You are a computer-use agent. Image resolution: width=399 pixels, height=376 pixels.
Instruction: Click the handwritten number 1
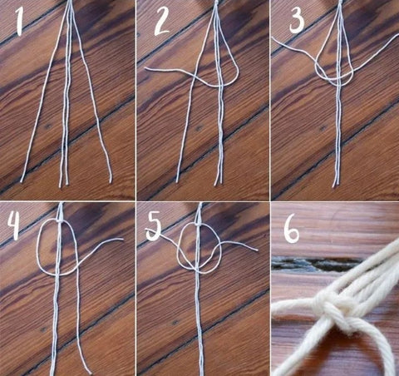tap(18, 22)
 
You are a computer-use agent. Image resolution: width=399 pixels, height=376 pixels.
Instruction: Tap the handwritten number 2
tap(161, 22)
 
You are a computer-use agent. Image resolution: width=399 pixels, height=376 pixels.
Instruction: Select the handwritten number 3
tap(297, 21)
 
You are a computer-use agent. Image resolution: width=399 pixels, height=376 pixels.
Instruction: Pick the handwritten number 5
tap(154, 228)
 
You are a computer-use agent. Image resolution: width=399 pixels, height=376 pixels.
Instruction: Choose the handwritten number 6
tap(292, 231)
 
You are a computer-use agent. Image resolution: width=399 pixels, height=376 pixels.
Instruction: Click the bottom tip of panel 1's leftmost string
tap(22, 181)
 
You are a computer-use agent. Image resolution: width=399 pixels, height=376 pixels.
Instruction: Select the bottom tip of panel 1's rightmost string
tap(111, 181)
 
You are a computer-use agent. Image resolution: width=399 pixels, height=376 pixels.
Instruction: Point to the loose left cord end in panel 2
tap(146, 68)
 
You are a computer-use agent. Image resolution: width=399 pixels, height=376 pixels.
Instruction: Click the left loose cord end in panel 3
tap(273, 37)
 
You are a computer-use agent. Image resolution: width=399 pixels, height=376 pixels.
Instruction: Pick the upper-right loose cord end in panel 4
tap(122, 239)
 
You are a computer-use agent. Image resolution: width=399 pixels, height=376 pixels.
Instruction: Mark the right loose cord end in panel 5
tap(257, 250)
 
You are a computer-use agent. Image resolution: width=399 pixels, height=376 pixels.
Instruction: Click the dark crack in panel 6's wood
tap(316, 264)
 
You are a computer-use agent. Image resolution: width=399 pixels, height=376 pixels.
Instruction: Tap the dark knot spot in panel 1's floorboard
tap(47, 126)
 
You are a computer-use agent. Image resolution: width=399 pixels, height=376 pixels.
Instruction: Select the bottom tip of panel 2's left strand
tap(177, 181)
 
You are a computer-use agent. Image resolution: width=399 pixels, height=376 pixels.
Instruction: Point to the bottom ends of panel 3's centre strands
tap(335, 186)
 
